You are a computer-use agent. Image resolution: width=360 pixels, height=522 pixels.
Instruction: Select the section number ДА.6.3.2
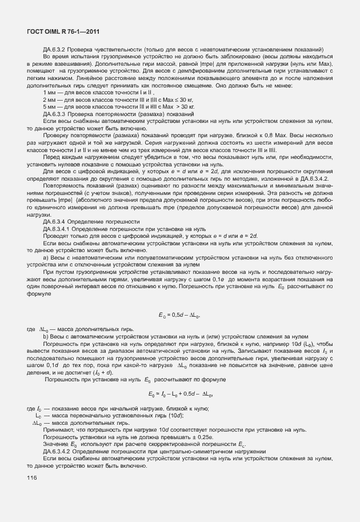click(x=57, y=49)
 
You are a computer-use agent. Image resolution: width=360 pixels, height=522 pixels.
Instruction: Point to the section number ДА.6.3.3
click(x=57, y=114)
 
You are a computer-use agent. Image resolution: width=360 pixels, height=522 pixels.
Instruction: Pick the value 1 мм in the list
click(x=50, y=92)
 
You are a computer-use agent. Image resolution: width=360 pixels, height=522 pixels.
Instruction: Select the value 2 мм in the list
click(x=50, y=99)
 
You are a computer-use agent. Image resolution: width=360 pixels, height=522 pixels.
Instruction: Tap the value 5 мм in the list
click(x=50, y=107)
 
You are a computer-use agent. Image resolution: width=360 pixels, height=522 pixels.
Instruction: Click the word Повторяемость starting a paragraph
click(x=63, y=185)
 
